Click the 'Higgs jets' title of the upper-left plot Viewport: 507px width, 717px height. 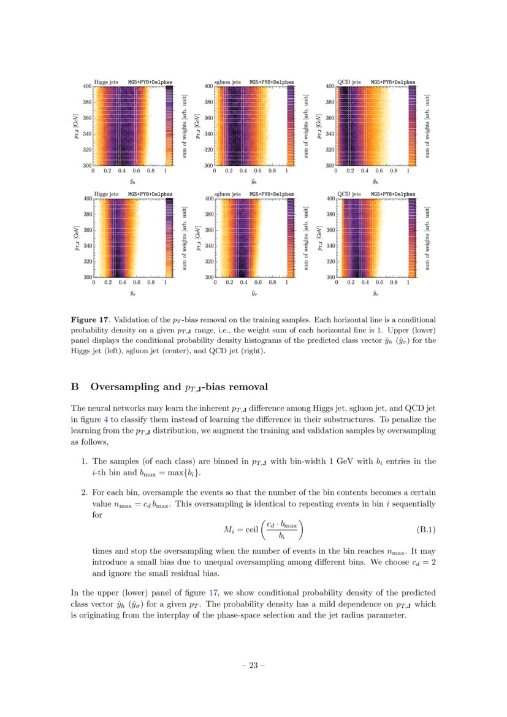pyautogui.click(x=105, y=82)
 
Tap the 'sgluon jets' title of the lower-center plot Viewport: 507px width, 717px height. pyautogui.click(x=227, y=194)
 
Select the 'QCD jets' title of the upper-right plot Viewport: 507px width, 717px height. pyautogui.click(x=349, y=82)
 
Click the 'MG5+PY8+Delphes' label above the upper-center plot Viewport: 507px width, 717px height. pyautogui.click(x=271, y=82)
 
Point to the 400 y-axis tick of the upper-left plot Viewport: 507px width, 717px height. pyautogui.click(x=87, y=86)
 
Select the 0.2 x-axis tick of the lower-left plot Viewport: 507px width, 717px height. pyautogui.click(x=108, y=284)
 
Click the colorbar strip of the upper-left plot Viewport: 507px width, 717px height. pyautogui.click(x=170, y=126)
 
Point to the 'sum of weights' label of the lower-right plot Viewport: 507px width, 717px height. pyautogui.click(x=427, y=238)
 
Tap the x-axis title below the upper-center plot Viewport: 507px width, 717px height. pyautogui.click(x=253, y=182)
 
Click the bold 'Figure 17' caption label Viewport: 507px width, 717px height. pyautogui.click(x=91, y=320)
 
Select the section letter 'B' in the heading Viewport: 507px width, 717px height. pyautogui.click(x=75, y=387)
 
